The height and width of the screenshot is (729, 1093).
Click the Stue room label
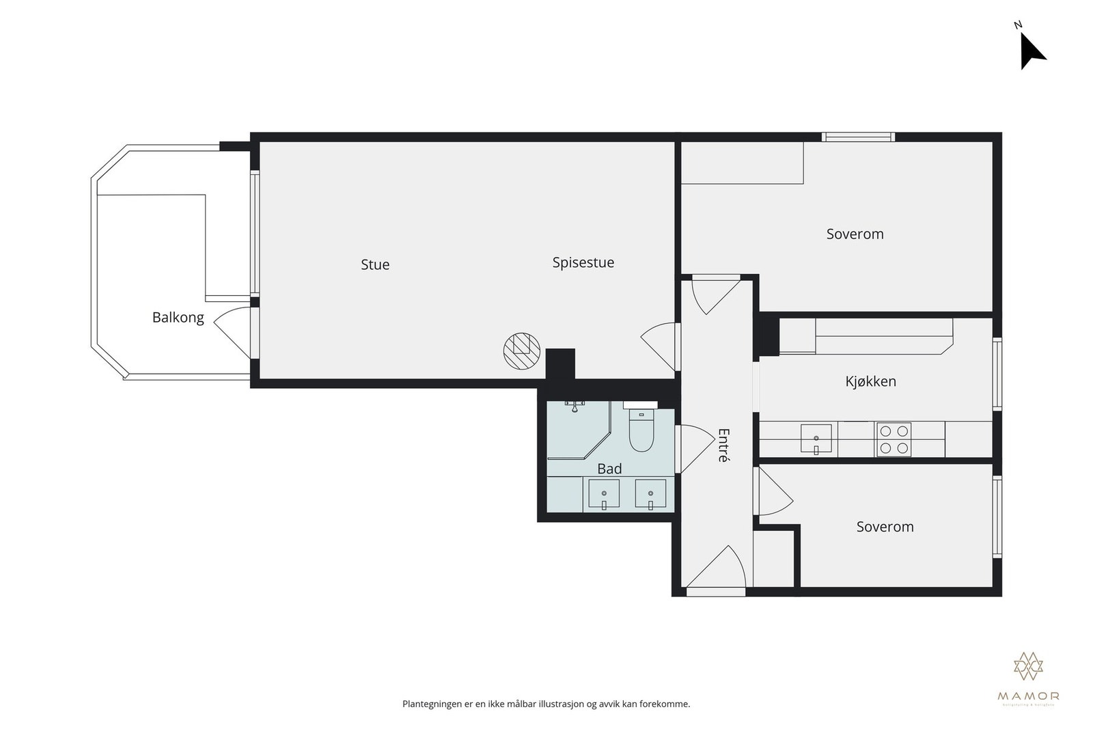point(375,264)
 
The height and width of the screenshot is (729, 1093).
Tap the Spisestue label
point(583,262)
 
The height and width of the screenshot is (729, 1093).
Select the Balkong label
point(178,317)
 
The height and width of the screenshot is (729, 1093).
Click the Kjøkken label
point(870,381)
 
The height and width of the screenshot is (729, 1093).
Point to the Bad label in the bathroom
point(609,469)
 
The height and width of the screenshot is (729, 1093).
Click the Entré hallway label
point(723,445)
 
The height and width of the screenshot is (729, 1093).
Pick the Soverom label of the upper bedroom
point(855,234)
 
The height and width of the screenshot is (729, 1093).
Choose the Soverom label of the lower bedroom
point(885,527)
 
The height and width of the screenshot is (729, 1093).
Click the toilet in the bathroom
point(641,432)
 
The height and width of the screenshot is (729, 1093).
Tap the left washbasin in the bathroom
point(604,494)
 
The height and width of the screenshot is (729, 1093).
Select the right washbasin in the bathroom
point(650,494)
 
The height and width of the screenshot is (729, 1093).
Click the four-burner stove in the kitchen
point(894,439)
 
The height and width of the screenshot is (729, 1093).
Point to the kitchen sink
point(816,439)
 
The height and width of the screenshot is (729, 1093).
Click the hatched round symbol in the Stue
point(521,351)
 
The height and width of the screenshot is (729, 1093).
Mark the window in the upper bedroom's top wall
point(858,137)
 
